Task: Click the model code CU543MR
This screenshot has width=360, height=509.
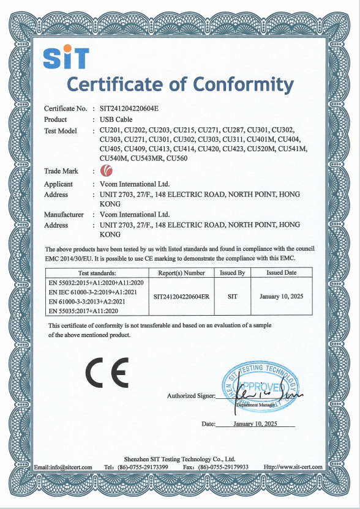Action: click(145, 158)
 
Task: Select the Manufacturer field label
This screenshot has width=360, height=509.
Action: click(64, 215)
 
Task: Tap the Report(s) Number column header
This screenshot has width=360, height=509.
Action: click(182, 273)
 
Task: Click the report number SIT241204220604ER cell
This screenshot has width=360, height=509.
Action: click(182, 296)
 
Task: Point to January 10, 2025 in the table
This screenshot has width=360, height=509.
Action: click(282, 296)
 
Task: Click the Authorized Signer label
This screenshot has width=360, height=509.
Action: click(190, 396)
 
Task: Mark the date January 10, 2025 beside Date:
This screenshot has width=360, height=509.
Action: click(255, 423)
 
